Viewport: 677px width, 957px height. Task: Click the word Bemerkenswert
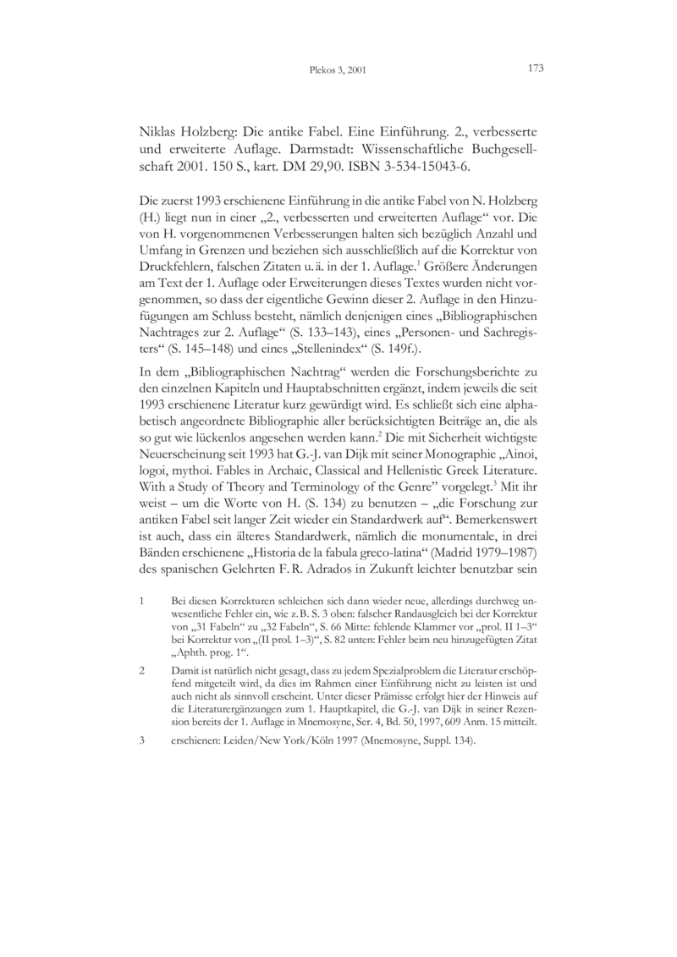tap(495, 519)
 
